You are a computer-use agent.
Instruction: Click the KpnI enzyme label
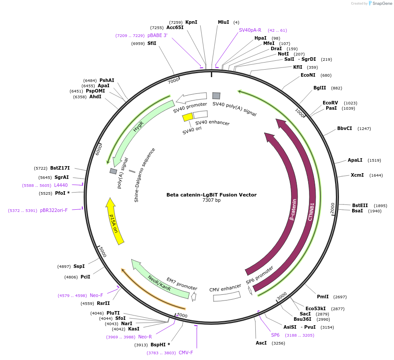[191, 22]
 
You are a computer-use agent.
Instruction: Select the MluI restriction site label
[223, 22]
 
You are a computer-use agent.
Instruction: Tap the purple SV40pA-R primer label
[250, 30]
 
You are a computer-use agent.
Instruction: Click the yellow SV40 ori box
[188, 117]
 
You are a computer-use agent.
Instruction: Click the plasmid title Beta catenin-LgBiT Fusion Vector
[211, 195]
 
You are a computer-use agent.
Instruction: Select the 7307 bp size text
[211, 200]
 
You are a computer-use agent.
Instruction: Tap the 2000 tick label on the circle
[332, 209]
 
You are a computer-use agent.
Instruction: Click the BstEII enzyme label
[360, 205]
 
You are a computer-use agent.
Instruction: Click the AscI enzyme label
[261, 343]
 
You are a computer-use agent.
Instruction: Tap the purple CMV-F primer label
[186, 353]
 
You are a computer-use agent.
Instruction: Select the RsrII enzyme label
[103, 303]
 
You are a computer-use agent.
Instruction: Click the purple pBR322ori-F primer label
[54, 210]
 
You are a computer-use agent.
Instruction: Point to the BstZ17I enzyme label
[60, 168]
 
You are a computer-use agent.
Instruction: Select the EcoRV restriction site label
[330, 103]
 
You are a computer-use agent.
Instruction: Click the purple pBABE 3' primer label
[157, 35]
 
